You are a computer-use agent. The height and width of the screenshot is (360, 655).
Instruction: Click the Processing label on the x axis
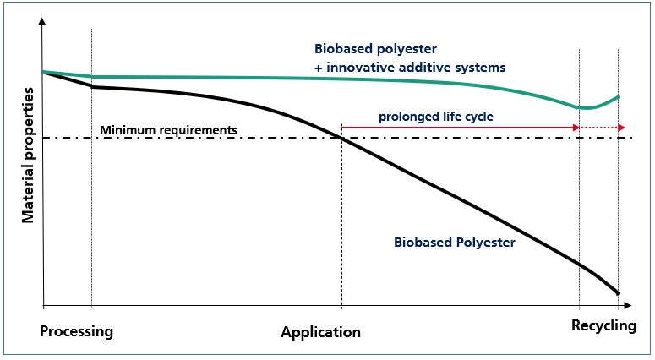tap(76, 331)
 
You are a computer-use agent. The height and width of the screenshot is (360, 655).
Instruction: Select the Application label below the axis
tap(320, 332)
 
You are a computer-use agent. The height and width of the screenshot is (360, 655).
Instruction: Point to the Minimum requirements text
tap(168, 130)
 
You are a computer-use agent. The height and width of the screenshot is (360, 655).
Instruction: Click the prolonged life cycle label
tap(436, 116)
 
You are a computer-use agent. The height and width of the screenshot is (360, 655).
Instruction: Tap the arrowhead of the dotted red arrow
tap(622, 128)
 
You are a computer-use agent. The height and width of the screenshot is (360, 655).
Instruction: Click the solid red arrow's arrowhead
tap(576, 128)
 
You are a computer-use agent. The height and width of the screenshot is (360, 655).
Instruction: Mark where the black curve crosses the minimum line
tap(341, 137)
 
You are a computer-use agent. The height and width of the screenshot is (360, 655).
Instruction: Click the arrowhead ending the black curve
tap(617, 292)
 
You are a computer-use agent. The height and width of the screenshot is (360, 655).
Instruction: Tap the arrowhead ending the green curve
tap(618, 96)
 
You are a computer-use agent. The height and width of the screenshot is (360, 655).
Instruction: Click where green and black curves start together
tap(43, 72)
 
